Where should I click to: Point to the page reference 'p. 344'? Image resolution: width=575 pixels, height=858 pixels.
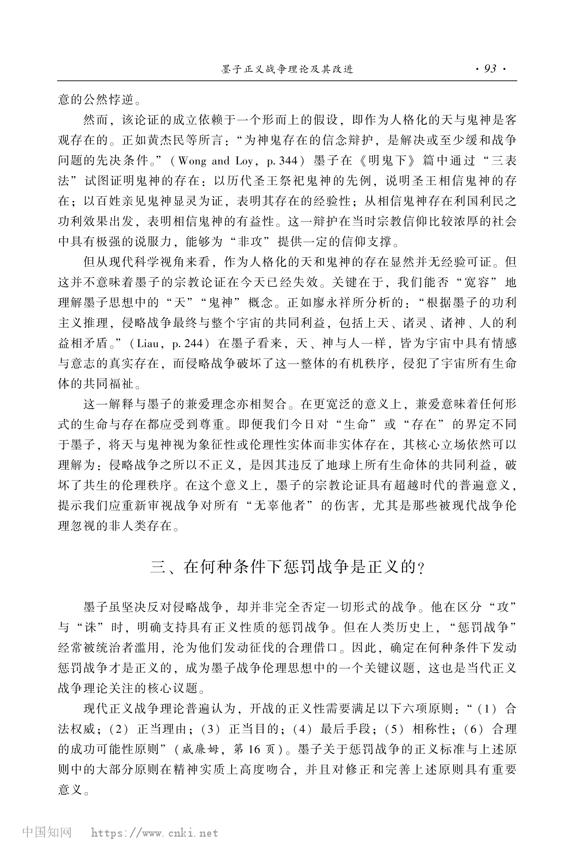[x=280, y=161]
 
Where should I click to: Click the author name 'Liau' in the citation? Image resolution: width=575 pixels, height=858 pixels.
[x=147, y=343]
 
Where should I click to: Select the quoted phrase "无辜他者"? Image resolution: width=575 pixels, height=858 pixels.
[x=282, y=506]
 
